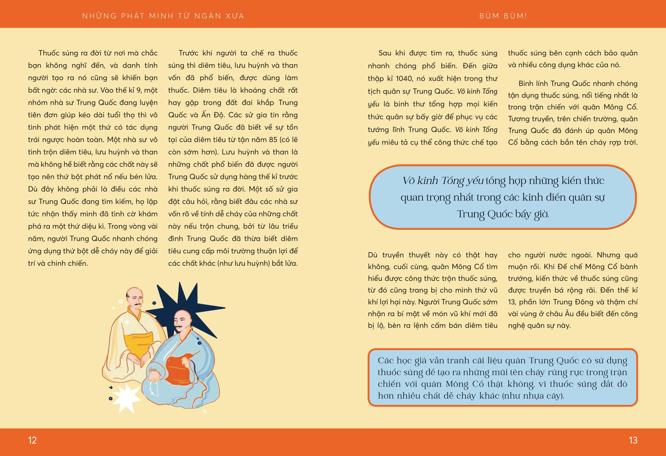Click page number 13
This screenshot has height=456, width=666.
pyautogui.click(x=633, y=440)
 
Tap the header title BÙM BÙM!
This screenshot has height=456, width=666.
pyautogui.click(x=503, y=16)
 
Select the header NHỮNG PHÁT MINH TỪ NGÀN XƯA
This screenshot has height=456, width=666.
pyautogui.click(x=163, y=16)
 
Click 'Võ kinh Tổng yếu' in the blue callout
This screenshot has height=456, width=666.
pyautogui.click(x=443, y=181)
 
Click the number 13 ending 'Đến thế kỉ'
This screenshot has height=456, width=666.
pyautogui.click(x=512, y=302)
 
